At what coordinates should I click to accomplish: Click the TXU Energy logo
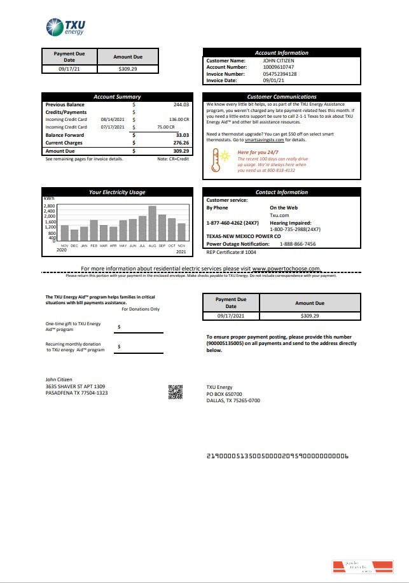coord(66,27)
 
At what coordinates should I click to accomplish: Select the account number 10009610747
coord(279,67)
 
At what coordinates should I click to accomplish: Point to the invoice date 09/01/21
coord(274,81)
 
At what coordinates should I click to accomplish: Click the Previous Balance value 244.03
coord(181,104)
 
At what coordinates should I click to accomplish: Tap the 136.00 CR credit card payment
coord(178,119)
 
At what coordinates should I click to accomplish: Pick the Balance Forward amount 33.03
coord(182,135)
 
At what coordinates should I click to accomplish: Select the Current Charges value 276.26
coord(181,143)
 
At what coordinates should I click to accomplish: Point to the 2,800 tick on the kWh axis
coord(50,206)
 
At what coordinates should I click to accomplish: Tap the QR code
coord(176,392)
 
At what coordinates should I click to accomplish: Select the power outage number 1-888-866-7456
coord(298,244)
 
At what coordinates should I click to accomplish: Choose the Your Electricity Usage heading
coord(116,192)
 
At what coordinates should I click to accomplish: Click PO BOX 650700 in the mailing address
coord(224,394)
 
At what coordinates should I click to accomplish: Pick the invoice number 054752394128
coord(280,74)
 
